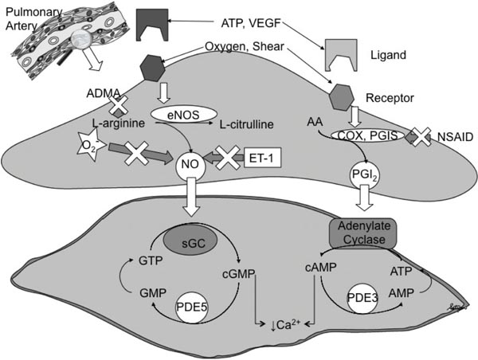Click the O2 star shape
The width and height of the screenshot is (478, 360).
(x=69, y=146)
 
